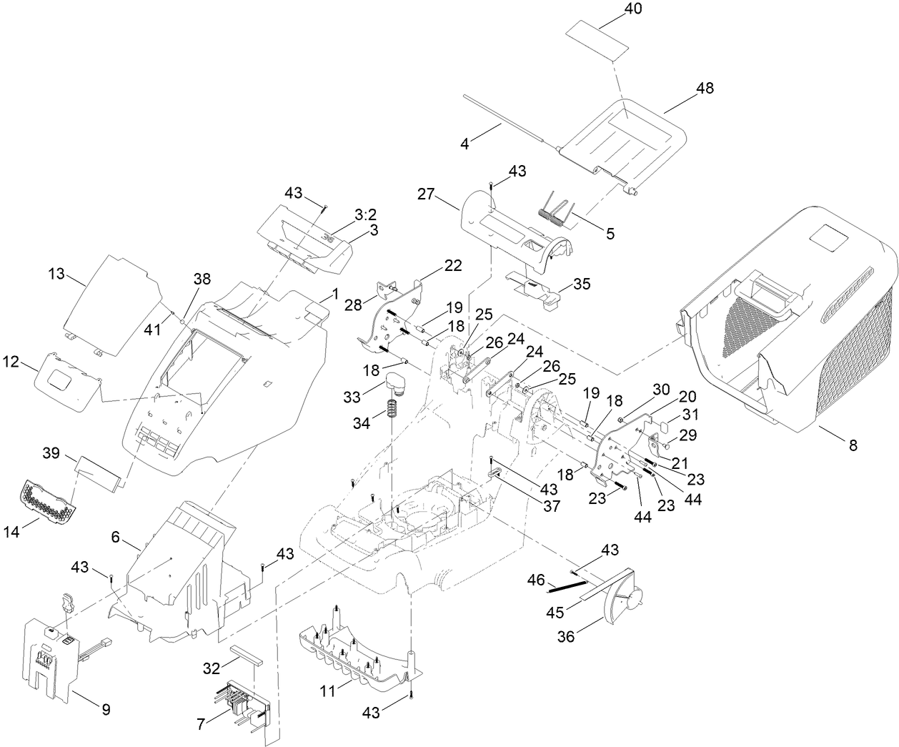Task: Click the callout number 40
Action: point(613,9)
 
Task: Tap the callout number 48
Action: point(704,88)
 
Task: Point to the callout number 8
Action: point(853,445)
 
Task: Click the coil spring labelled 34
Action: point(392,408)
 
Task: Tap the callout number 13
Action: point(56,274)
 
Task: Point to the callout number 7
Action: point(201,724)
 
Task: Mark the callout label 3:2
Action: point(367,214)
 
